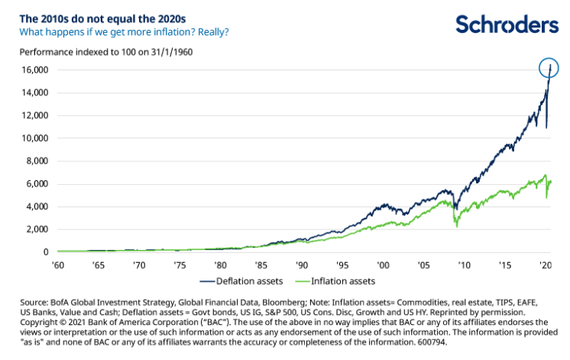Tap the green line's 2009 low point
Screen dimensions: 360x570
click(x=456, y=226)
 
